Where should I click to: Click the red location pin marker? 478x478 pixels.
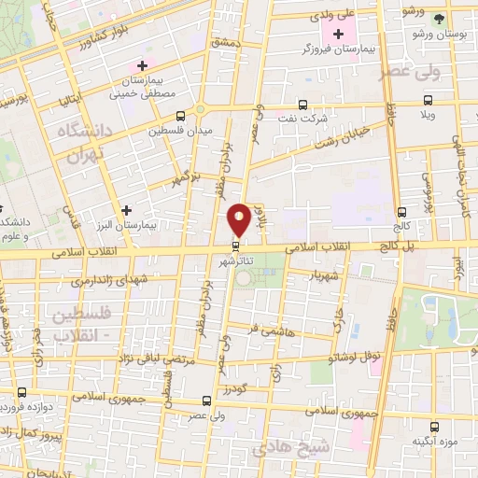click(x=239, y=218)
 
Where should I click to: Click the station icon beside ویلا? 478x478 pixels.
click(x=427, y=100)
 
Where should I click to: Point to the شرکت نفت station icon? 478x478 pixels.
click(x=302, y=105)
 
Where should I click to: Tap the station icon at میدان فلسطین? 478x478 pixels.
click(x=180, y=117)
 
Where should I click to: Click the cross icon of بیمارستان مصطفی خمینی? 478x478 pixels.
click(x=142, y=65)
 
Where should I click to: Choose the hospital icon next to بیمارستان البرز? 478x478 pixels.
click(x=126, y=210)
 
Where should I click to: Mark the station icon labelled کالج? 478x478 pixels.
click(x=401, y=212)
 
